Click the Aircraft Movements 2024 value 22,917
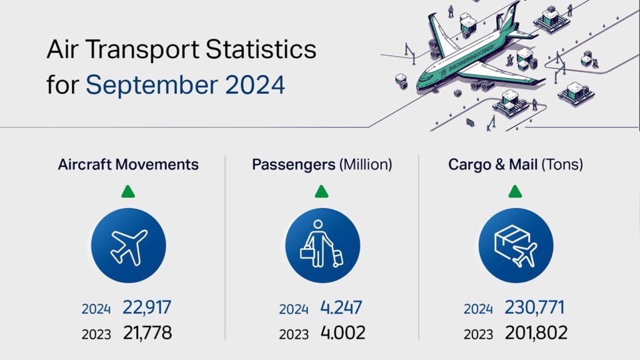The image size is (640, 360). [x=147, y=307]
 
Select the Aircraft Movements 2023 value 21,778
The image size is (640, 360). [x=147, y=332]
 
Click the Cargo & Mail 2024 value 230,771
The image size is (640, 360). [x=536, y=307]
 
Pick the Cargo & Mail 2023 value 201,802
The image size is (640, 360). [x=536, y=332]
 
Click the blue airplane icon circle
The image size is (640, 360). [x=129, y=244]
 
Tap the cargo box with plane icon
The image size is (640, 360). [x=516, y=244]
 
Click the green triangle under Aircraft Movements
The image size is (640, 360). [x=128, y=191]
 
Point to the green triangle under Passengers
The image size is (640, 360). [x=321, y=191]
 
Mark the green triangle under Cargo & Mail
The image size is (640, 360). [x=515, y=191]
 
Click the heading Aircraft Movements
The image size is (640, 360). [x=128, y=164]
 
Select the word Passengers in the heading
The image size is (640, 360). [x=293, y=165]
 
